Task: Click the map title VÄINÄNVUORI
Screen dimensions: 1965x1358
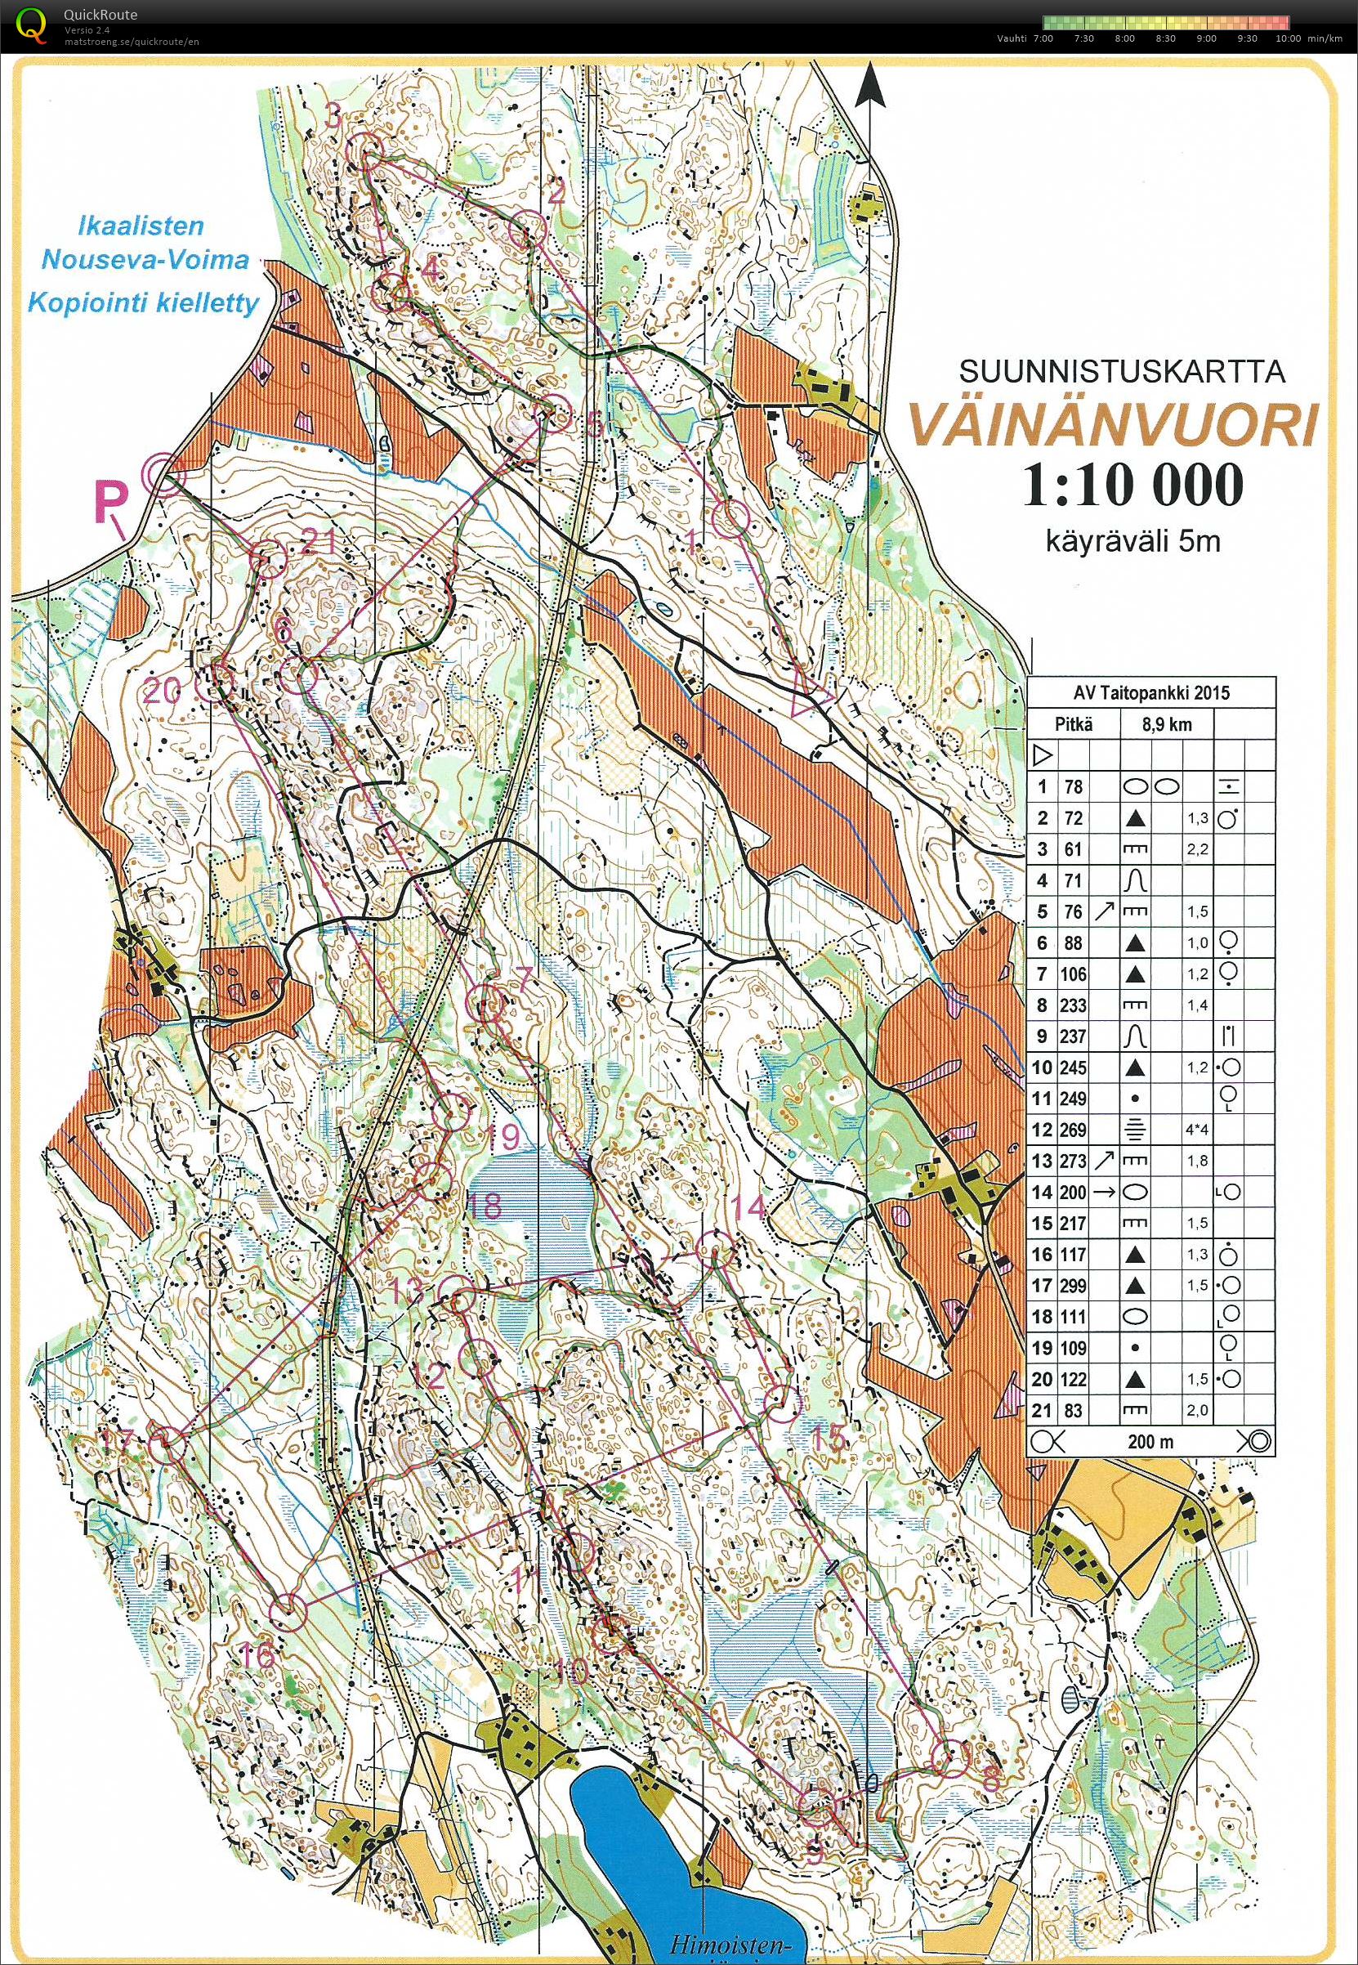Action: point(1113,427)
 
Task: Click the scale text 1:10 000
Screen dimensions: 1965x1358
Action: point(1132,486)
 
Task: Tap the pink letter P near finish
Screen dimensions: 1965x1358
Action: point(110,504)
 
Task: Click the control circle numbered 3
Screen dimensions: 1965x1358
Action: point(367,150)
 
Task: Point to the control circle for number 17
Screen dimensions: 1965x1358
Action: point(168,1444)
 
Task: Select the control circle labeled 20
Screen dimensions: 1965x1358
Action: point(220,678)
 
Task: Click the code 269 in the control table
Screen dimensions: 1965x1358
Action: point(1072,1130)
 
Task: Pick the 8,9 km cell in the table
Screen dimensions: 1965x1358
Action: point(1167,724)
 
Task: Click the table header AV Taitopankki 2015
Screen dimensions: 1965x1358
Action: point(1150,692)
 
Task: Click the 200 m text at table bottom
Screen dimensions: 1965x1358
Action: point(1150,1441)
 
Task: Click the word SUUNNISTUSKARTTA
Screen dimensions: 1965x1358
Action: point(1122,371)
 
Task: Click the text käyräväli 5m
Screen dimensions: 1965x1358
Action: point(1132,540)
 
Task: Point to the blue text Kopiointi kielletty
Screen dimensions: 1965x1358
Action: point(143,302)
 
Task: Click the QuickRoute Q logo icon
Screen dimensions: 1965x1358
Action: point(33,24)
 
